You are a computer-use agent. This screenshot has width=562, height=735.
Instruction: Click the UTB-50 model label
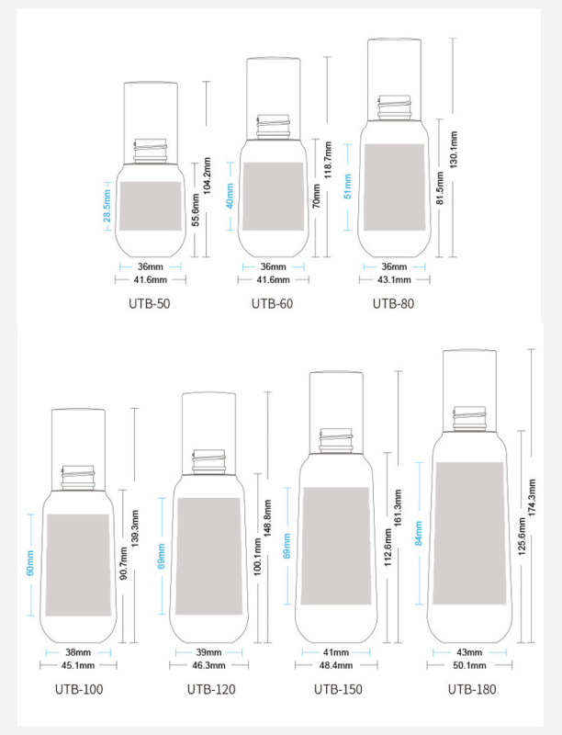(x=150, y=304)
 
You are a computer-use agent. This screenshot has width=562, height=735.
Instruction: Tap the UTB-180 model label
(x=472, y=689)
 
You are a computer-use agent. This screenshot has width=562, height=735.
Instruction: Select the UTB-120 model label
(x=211, y=689)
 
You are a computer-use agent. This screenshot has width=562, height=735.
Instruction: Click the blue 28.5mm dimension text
(x=107, y=205)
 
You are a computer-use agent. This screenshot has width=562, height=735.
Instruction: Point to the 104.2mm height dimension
(x=207, y=175)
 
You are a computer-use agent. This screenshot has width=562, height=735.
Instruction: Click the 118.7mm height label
(x=329, y=160)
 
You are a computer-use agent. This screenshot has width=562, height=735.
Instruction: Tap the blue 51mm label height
(x=347, y=187)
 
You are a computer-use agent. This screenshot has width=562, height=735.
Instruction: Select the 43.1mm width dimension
(x=394, y=280)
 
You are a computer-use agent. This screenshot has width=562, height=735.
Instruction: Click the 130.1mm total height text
(x=454, y=150)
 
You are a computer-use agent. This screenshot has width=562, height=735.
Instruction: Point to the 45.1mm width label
(x=78, y=665)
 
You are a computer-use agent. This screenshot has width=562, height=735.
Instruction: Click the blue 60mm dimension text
(x=30, y=563)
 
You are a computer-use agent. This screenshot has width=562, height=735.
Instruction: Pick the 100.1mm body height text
(x=257, y=558)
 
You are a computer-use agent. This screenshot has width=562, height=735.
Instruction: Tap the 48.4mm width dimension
(x=336, y=665)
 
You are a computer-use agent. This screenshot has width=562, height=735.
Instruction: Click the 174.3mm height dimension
(x=532, y=498)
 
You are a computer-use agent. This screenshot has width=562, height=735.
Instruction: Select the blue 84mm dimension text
(x=419, y=533)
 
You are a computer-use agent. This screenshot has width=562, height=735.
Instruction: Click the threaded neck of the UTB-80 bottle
(x=394, y=107)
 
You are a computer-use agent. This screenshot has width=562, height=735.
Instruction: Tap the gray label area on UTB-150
(x=336, y=546)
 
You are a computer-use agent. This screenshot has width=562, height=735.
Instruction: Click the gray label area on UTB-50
(x=151, y=206)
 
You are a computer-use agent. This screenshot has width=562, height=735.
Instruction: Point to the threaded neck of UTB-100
(x=78, y=478)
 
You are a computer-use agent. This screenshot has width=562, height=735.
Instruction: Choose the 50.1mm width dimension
(x=470, y=665)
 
